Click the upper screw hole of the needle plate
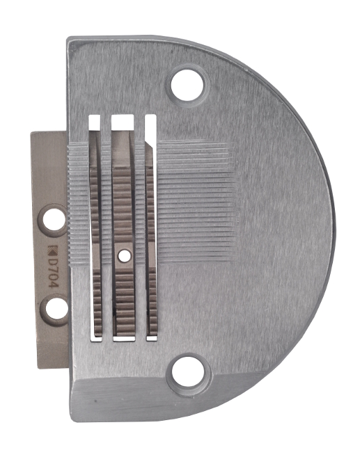click(x=187, y=85)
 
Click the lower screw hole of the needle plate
click(x=188, y=371)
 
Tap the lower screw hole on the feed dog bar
click(x=56, y=309)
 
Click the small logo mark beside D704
click(x=52, y=250)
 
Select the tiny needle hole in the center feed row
click(x=125, y=255)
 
